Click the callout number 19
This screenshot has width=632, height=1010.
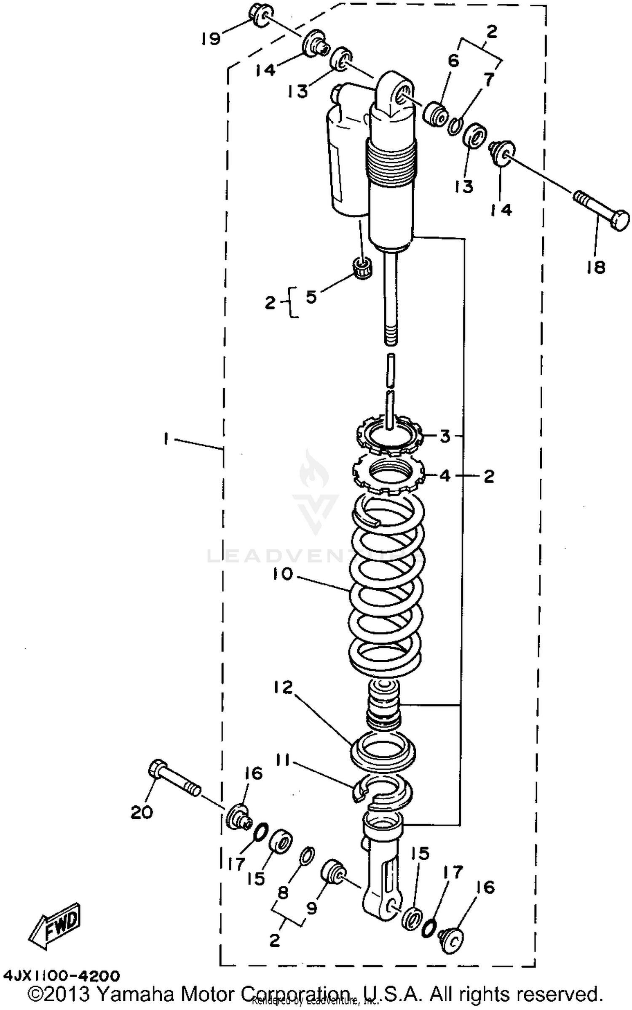210,39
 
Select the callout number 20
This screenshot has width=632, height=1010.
141,812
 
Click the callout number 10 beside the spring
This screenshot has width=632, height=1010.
282,574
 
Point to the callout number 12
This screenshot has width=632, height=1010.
282,688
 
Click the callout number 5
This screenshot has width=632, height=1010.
311,297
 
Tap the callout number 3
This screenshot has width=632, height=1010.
445,436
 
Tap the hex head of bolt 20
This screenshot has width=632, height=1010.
156,769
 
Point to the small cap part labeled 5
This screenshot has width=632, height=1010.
362,267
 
